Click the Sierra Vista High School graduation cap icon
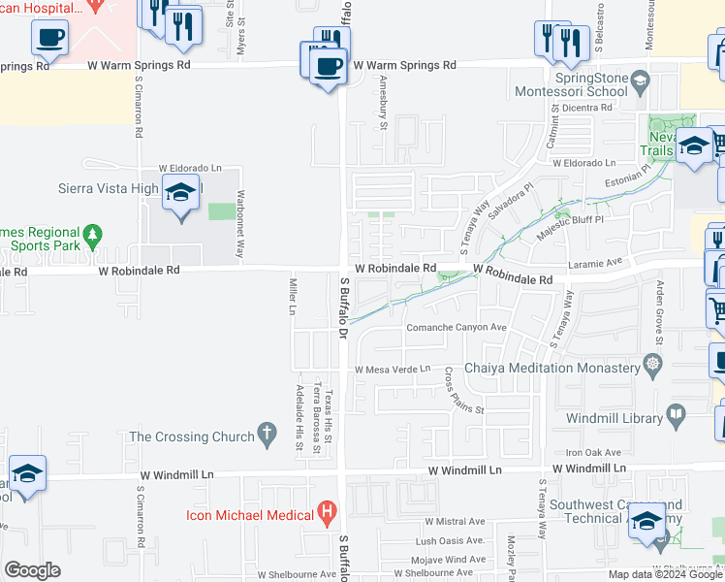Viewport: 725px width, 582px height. coord(180,193)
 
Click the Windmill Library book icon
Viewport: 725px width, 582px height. coord(677,417)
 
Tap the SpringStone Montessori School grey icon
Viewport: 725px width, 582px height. coord(639,81)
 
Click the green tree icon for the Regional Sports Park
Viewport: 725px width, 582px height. coord(92,234)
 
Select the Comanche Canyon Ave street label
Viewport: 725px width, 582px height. coord(457,328)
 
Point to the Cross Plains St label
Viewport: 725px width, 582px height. coord(463,390)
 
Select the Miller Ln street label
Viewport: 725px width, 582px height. coord(292,295)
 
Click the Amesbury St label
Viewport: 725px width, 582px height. coord(384,102)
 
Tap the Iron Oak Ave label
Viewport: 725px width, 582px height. coord(593,452)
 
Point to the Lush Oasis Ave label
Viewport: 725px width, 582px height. coord(449,540)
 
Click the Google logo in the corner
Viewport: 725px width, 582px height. coord(32,569)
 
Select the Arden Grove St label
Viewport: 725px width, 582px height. coord(659,311)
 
